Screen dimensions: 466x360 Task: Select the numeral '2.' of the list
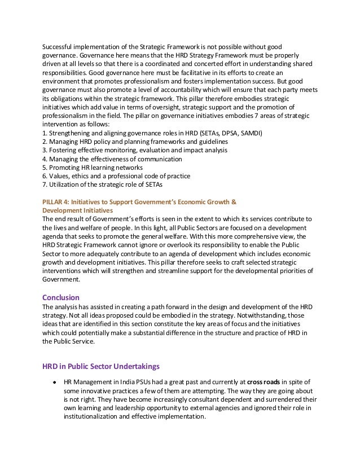(45, 142)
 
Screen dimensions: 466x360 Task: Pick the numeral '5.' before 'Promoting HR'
(45, 168)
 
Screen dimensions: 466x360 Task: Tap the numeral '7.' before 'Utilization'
(45, 184)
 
